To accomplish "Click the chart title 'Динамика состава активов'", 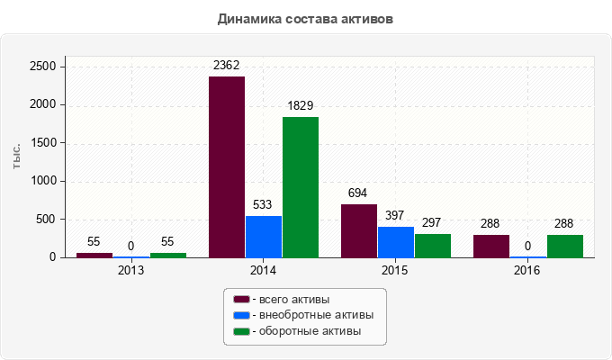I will pos(306,18).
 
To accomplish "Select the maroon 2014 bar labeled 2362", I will pos(227,167).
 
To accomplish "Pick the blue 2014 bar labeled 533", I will pos(264,237).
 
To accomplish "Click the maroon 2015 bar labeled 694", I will pos(359,230).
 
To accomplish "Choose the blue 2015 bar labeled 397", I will pos(396,242).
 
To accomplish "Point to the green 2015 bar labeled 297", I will pos(433,246).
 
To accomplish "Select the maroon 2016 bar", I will pos(491,247).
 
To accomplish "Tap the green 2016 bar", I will pos(565,247).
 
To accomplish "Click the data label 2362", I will pos(226,65).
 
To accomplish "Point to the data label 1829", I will pos(300,105).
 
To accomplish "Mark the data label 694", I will pos(359,193).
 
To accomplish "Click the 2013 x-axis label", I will pos(131,270).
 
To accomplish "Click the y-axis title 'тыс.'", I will pos(16,155).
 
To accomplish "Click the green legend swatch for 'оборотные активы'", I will pos(241,331).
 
